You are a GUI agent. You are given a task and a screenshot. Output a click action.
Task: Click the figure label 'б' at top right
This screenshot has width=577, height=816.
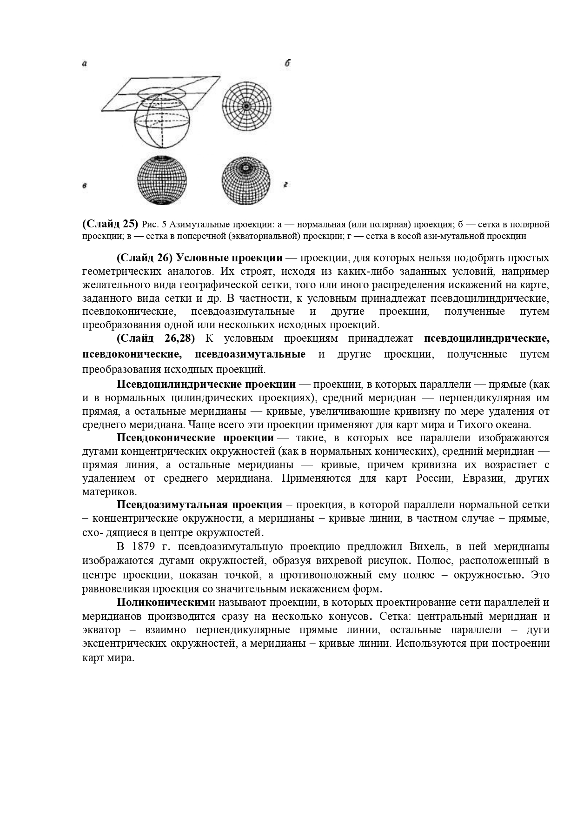point(287,64)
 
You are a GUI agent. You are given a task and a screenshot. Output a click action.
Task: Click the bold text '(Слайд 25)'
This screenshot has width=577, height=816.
point(110,224)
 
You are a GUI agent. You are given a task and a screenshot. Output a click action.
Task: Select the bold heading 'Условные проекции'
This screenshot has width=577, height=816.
point(230,258)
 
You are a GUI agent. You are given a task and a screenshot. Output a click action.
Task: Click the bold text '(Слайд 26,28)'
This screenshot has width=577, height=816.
point(155,338)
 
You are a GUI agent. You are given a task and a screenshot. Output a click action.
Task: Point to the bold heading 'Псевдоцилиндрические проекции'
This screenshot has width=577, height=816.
point(206,385)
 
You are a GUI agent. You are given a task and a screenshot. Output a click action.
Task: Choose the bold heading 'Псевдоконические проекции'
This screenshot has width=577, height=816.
point(195,438)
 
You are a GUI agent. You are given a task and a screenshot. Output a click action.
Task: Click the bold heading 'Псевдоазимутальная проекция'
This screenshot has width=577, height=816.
point(199,505)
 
